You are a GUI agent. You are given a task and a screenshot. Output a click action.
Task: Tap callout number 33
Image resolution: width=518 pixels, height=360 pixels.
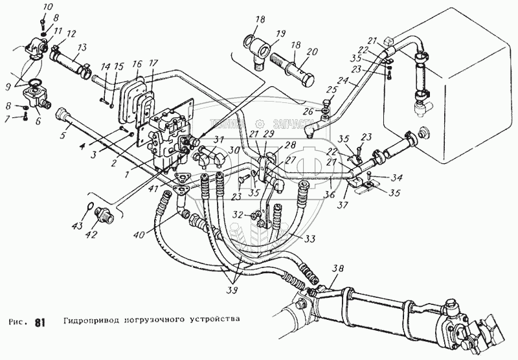[311, 239]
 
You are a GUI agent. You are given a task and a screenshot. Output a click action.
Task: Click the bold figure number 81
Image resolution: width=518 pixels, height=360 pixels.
[40, 322]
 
